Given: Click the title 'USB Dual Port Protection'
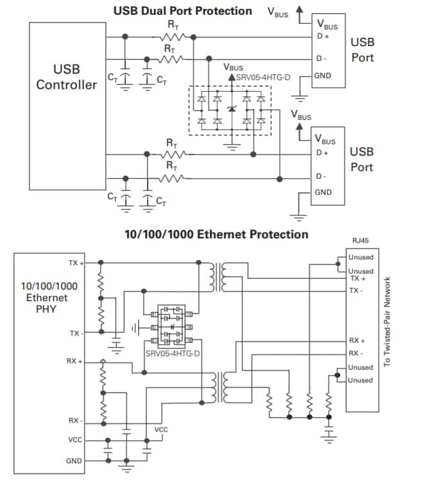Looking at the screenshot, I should pos(182,11).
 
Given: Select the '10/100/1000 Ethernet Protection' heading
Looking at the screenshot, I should pos(216,234).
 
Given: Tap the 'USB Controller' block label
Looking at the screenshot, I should pos(66,76).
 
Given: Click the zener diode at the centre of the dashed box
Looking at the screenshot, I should pos(232,110).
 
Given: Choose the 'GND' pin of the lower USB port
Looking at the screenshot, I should pos(323,192).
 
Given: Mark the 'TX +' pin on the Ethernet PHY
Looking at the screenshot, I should pos(76,263).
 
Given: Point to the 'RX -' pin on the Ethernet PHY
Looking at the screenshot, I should pos(76,420).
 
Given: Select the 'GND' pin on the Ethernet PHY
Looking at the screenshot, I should pos(74,461).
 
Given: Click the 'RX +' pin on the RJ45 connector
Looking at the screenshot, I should pos(357,340).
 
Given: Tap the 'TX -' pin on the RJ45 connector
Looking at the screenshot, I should pos(356,290).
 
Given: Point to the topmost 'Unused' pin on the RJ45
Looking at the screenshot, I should pos(360,258).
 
